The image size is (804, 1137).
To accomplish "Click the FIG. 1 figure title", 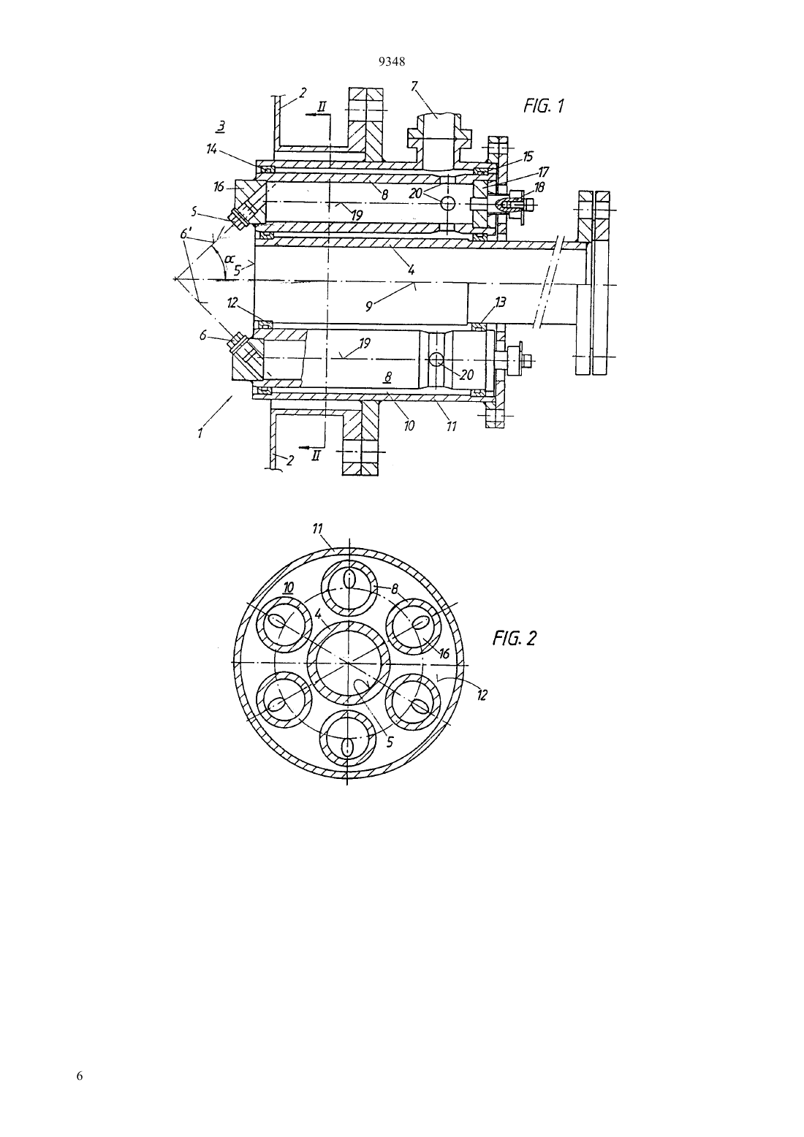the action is coord(544,105).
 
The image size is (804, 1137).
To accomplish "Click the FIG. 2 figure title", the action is coord(514,638).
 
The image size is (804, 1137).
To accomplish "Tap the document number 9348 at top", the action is coord(392,62).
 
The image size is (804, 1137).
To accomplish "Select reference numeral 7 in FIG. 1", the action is coord(414,86).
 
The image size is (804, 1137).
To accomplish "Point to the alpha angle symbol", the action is coord(230,259).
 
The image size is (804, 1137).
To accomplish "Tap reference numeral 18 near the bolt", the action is coord(539,187).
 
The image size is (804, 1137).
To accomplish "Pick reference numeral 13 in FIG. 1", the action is coord(501,302).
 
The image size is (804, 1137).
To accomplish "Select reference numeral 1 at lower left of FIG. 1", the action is coord(200,433).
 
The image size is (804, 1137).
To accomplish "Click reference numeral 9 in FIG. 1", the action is coord(369,306).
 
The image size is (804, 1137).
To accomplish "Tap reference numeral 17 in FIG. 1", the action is coord(544,172).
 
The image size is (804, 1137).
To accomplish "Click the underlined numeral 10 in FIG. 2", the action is coord(288,587).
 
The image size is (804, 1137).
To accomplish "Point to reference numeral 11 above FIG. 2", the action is coord(318,529).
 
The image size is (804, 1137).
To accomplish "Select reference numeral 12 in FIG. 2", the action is coord(482,695).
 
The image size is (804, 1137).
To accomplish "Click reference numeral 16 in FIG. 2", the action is coord(444,653).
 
